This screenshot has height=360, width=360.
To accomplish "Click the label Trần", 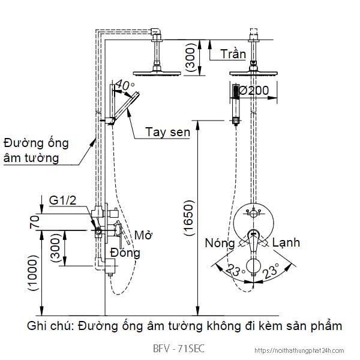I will coord(233,54).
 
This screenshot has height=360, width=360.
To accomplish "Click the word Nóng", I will coord(220,243).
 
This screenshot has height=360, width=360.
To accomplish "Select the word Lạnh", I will coord(286,243).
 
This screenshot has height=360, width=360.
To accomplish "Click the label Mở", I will coord(142,234).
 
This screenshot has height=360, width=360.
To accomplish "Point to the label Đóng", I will coord(125,253).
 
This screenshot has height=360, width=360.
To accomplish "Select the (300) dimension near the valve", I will coord(55,248).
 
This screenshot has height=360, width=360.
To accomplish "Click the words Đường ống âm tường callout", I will coord(35,151).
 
